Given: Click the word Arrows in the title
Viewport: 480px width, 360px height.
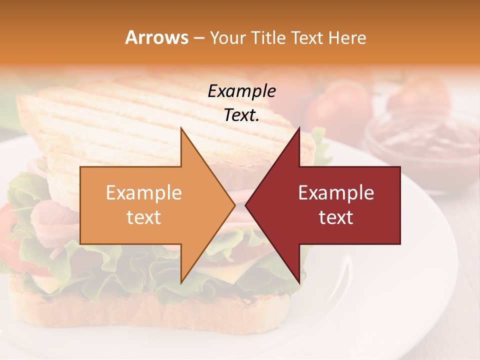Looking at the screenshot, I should pos(157,37).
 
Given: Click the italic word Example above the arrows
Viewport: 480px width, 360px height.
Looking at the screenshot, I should pos(241,91).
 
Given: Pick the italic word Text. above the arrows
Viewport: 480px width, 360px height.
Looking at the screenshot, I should pos(241,115).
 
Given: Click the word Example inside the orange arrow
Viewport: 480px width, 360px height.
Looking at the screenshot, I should pos(144,193).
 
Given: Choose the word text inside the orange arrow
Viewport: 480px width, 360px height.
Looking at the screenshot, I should pos(144,217).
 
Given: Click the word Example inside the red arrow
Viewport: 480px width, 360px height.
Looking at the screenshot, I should pos(336,193).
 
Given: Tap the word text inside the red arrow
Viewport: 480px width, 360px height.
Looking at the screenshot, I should pos(336,217).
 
